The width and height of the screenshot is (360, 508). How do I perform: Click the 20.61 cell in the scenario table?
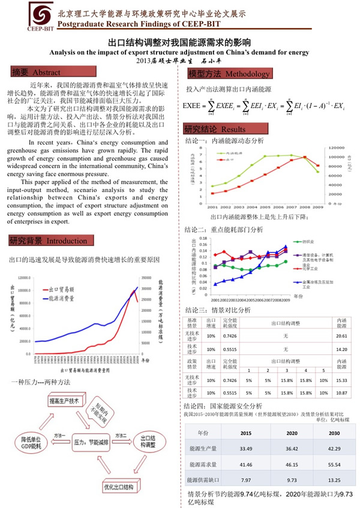pyautogui.click(x=342, y=336)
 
